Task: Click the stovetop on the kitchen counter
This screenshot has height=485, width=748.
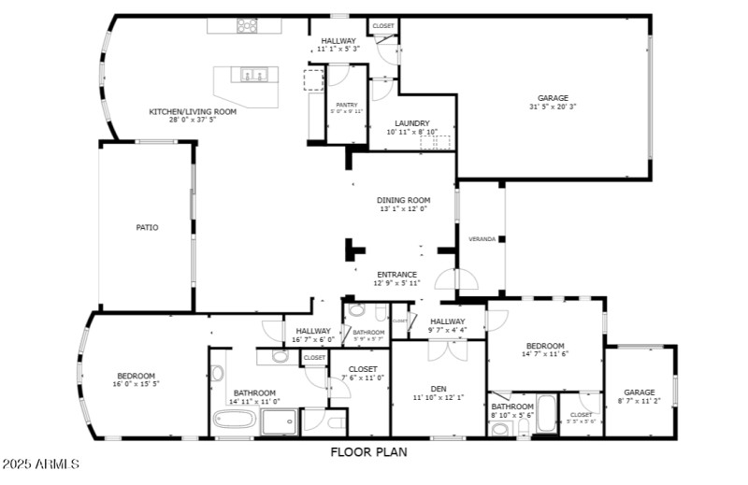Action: point(247,26)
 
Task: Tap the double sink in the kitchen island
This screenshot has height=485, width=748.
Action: point(253,75)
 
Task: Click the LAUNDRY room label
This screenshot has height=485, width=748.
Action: point(411,123)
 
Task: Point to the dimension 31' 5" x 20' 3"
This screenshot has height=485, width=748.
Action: point(552,107)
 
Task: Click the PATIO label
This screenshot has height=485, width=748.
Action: point(147,227)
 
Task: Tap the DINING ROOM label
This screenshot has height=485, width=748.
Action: point(403,200)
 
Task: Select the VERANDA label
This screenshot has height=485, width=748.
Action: point(482,239)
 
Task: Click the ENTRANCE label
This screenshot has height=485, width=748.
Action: point(396,275)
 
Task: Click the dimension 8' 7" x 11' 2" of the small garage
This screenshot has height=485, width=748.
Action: point(640,400)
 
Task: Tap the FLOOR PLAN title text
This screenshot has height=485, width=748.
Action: point(367,452)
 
